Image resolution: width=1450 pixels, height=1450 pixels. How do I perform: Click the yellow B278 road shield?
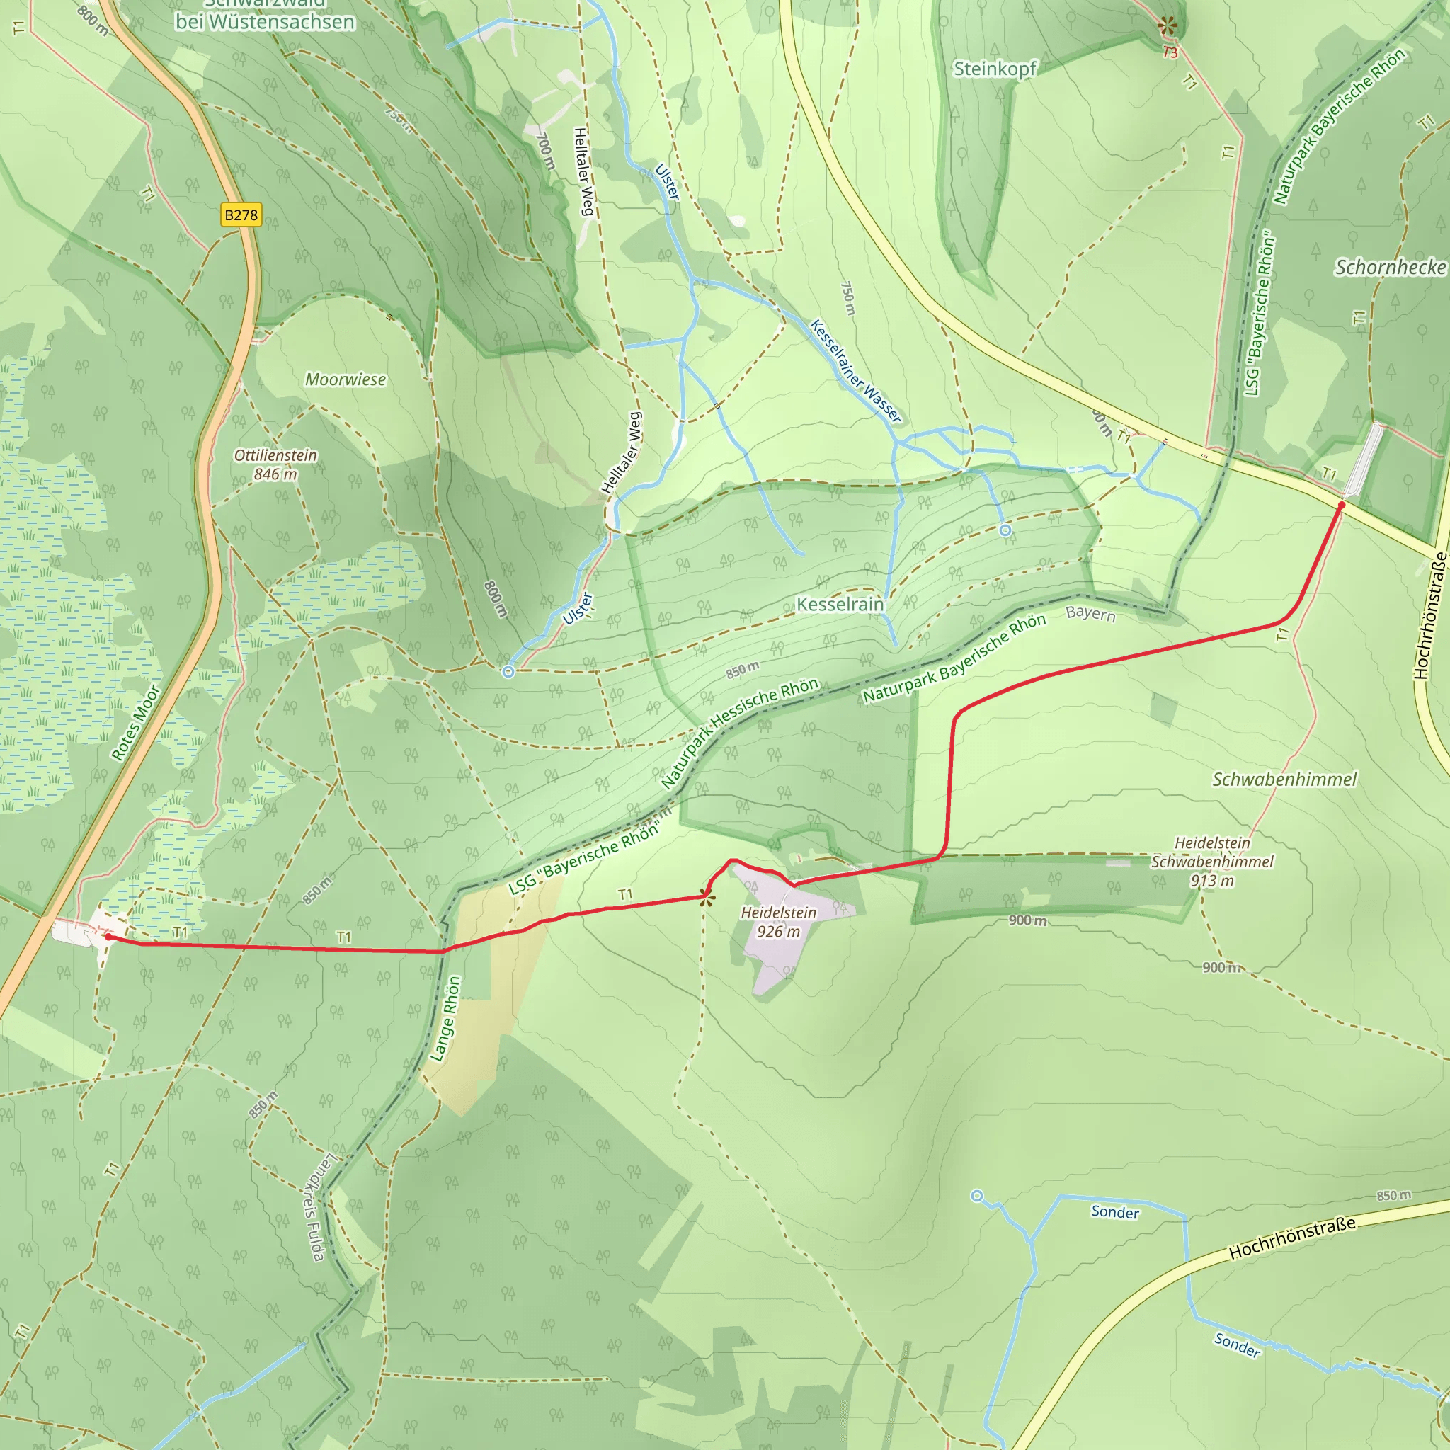tap(241, 215)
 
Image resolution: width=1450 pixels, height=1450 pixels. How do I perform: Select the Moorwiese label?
tap(346, 379)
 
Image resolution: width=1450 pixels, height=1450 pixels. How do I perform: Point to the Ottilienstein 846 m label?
tap(275, 464)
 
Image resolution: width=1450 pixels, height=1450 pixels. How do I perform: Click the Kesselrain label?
tap(840, 604)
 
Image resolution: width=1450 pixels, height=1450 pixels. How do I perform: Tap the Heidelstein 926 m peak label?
tap(778, 923)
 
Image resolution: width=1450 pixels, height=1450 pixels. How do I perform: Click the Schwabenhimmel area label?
tap(1284, 780)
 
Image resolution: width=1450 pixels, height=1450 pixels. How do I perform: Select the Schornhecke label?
tap(1390, 267)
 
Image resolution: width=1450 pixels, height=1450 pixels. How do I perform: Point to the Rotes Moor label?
tap(136, 723)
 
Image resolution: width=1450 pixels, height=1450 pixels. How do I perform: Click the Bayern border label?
tap(1090, 614)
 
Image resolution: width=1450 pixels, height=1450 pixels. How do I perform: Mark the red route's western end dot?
tap(108, 937)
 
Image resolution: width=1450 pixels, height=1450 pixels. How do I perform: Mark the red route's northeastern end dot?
tap(1342, 506)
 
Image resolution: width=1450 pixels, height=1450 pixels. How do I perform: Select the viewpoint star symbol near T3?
tap(1166, 26)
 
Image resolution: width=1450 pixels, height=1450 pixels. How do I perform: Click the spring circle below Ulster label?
tap(508, 672)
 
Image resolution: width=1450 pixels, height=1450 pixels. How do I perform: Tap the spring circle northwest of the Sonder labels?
tap(977, 1196)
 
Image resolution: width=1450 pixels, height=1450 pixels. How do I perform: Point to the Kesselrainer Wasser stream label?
tap(855, 371)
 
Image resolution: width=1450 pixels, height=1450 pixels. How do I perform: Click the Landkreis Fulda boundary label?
tap(314, 1209)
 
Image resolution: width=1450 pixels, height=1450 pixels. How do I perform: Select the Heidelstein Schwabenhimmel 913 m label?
tap(1212, 862)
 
